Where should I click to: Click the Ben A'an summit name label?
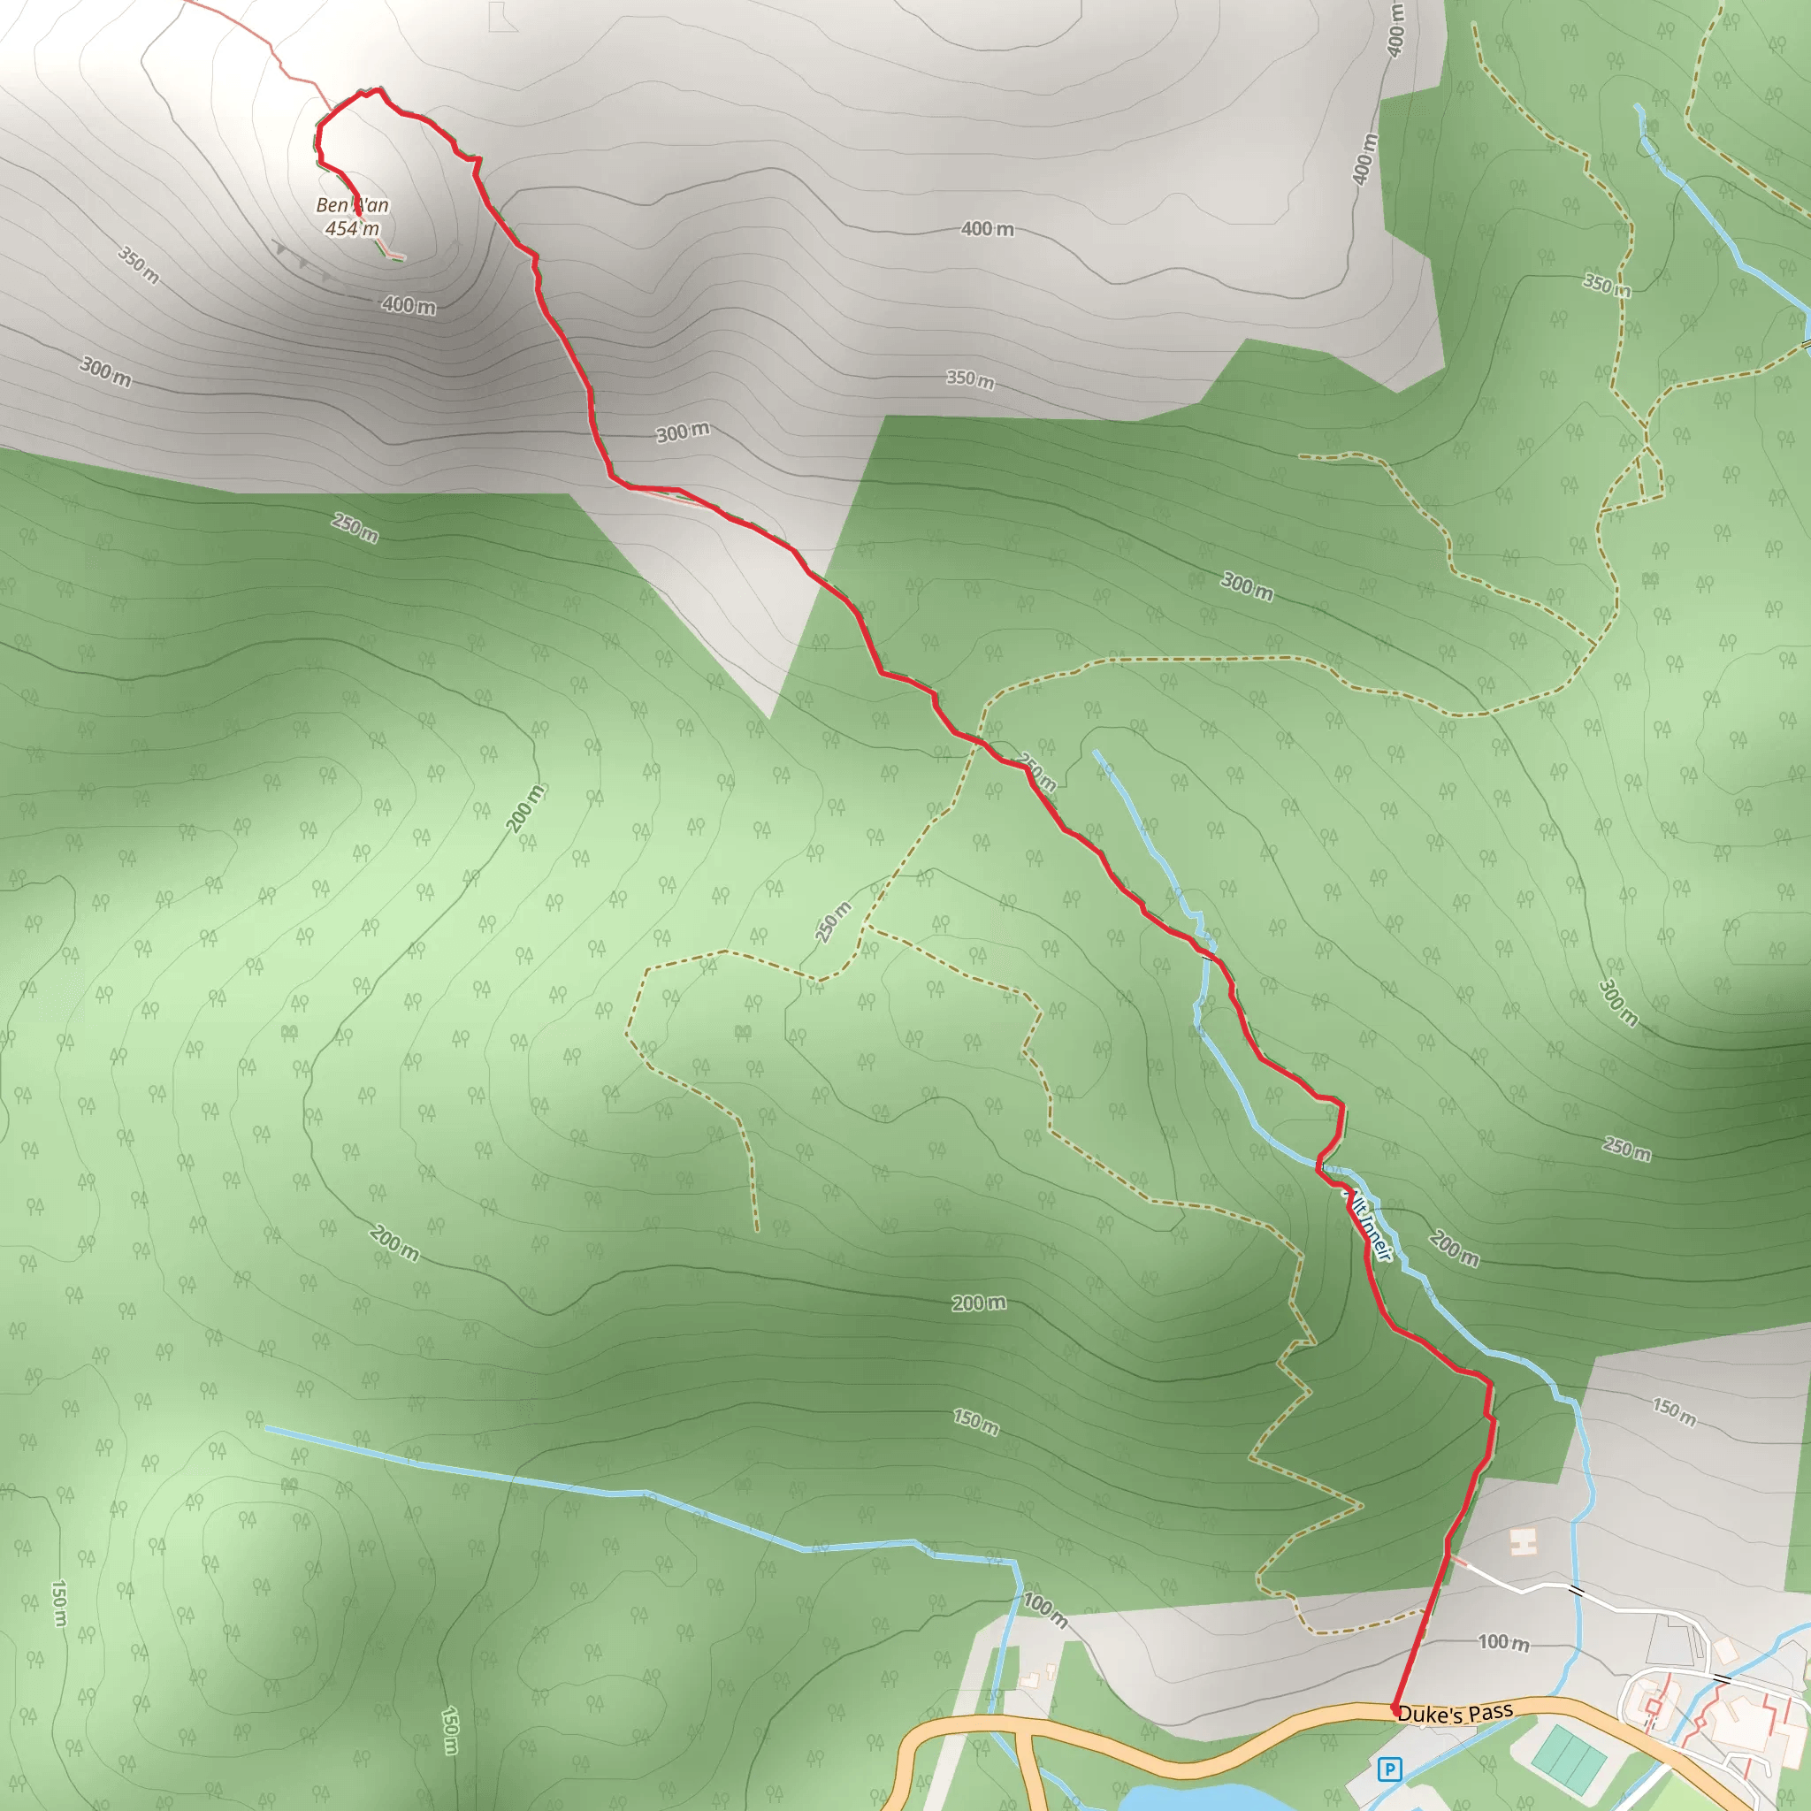point(352,205)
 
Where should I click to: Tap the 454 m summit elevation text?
point(352,228)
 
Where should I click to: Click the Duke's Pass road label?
point(1455,1714)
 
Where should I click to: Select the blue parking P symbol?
point(1390,1769)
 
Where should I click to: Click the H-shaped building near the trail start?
point(1524,1540)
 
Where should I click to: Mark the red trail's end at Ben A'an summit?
point(358,216)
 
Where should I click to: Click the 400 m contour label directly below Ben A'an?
point(408,305)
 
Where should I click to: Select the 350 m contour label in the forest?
point(1607,284)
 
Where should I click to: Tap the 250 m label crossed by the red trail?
point(1039,774)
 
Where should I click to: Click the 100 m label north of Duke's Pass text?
point(1503,1641)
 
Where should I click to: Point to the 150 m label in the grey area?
point(1674,1411)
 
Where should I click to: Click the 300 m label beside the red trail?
point(682,432)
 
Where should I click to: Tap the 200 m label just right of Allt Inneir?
point(1454,1249)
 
